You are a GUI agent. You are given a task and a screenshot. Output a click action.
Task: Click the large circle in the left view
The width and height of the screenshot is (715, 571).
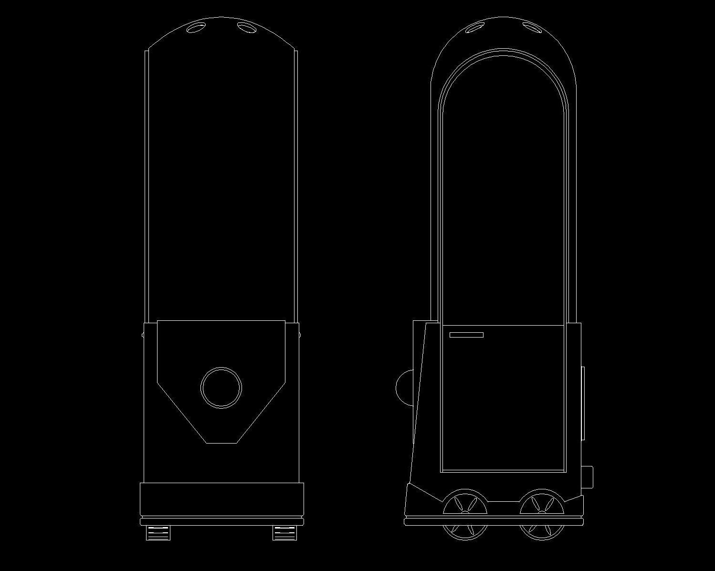221,388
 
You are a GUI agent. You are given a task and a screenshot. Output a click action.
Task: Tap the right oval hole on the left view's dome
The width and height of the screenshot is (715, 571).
246,28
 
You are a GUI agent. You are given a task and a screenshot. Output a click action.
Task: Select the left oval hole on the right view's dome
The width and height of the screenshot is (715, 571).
475,28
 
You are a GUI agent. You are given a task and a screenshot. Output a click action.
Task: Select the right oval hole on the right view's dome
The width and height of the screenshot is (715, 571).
532,27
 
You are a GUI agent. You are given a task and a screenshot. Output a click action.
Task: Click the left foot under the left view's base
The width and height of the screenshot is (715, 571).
158,532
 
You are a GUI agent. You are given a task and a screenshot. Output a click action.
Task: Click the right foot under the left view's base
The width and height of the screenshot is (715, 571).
284,532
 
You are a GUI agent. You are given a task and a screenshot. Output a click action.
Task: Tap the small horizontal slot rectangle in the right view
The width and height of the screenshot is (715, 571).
466,335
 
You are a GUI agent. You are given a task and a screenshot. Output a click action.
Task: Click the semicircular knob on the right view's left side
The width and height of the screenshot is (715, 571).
405,388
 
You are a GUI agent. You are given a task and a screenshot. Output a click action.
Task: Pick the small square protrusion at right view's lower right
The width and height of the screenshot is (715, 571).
587,476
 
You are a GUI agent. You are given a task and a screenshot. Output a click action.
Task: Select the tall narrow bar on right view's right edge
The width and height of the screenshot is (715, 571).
583,403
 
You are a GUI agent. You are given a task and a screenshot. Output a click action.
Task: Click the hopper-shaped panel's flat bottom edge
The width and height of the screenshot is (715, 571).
221,443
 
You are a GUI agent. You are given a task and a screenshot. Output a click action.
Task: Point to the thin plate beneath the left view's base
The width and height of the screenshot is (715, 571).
221,520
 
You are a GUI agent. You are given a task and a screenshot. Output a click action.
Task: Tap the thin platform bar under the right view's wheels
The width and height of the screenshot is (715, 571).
494,522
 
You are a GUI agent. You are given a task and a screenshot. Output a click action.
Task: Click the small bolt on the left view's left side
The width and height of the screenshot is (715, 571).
143,335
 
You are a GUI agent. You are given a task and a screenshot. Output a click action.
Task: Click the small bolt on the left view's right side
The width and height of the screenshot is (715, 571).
299,335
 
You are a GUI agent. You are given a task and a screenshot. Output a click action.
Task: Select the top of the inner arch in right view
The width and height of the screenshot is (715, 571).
503,50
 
